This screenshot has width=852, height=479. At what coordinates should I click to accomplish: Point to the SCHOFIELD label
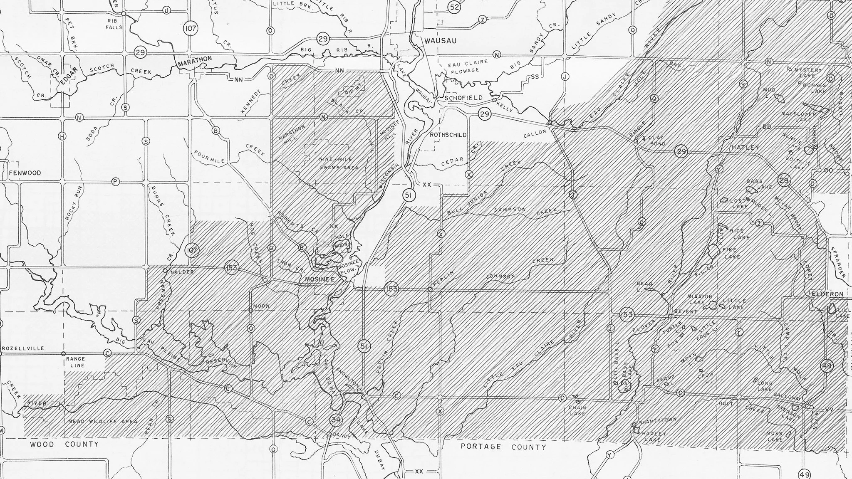(463, 98)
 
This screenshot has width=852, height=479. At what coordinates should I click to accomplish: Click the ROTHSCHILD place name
(448, 135)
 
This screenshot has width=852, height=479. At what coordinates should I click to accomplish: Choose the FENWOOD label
(25, 173)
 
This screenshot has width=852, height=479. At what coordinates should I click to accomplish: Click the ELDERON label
(827, 294)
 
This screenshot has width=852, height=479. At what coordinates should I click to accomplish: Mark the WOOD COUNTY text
(64, 444)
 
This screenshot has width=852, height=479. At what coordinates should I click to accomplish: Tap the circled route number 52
(454, 7)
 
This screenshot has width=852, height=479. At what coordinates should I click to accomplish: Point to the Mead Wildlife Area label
(102, 422)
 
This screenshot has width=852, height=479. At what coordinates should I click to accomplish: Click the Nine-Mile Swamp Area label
(338, 163)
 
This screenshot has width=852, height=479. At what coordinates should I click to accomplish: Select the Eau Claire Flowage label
(467, 66)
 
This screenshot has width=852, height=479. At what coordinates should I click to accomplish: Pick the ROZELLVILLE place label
(23, 348)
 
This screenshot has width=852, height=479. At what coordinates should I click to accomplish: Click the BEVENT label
(685, 311)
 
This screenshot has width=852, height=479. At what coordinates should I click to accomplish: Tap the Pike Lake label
(729, 253)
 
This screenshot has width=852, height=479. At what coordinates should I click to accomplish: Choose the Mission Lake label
(699, 299)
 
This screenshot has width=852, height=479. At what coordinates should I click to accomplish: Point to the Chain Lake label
(577, 410)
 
